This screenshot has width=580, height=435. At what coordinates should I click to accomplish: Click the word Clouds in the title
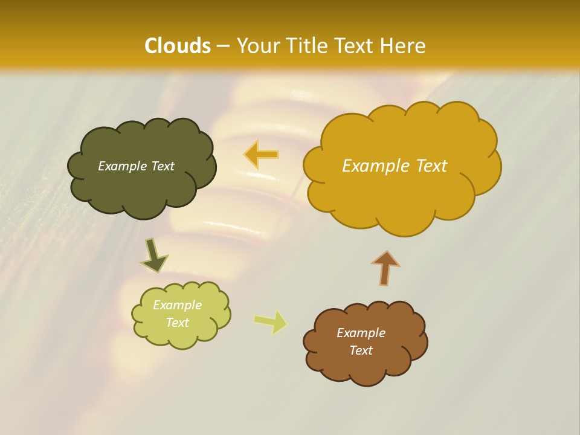pyautogui.click(x=178, y=46)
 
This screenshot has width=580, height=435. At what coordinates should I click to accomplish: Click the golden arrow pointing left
pyautogui.click(x=262, y=154)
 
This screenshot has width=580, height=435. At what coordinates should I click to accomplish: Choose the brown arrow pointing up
pyautogui.click(x=385, y=268)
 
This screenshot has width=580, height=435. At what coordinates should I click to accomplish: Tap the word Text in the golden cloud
pyautogui.click(x=428, y=166)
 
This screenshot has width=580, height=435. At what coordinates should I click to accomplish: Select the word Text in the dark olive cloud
pyautogui.click(x=163, y=166)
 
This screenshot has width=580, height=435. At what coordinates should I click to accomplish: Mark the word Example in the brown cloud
pyautogui.click(x=361, y=333)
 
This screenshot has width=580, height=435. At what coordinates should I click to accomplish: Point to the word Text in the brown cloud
pyautogui.click(x=361, y=350)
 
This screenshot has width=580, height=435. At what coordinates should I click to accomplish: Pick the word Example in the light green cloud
pyautogui.click(x=177, y=305)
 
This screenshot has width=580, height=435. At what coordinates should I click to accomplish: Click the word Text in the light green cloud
pyautogui.click(x=177, y=323)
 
